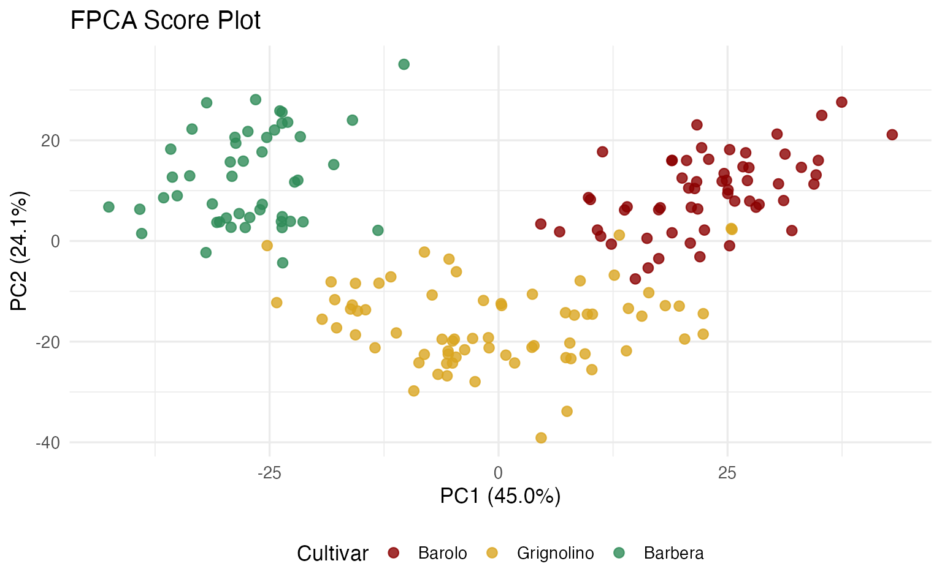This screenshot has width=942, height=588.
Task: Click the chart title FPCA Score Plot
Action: tap(166, 21)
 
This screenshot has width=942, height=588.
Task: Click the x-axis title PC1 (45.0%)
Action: tap(500, 496)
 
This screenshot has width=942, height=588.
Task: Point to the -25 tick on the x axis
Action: tap(269, 473)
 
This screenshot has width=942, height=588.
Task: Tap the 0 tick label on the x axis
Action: tap(498, 473)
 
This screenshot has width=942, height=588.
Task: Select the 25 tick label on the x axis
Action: tap(727, 473)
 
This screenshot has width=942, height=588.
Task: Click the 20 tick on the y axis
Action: tap(51, 140)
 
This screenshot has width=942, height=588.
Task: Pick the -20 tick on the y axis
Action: tap(48, 342)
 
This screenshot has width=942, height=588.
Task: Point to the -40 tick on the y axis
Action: tap(48, 442)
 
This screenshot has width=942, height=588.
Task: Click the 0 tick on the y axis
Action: tap(55, 241)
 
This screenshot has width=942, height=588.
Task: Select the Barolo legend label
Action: tap(442, 553)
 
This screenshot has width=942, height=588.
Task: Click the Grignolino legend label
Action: tap(555, 553)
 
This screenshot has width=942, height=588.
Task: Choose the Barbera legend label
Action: tap(673, 553)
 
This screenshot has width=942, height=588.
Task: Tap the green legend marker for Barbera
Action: tap(619, 553)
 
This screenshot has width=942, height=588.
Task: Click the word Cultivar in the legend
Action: tap(332, 553)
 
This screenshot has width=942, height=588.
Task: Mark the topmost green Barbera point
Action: tap(404, 64)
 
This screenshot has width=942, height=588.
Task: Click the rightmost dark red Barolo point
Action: tap(892, 135)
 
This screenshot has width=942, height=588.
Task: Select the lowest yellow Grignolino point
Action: tap(541, 438)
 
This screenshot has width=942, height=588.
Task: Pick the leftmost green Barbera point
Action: tap(109, 207)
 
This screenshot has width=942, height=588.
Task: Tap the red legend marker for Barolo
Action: tap(394, 553)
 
